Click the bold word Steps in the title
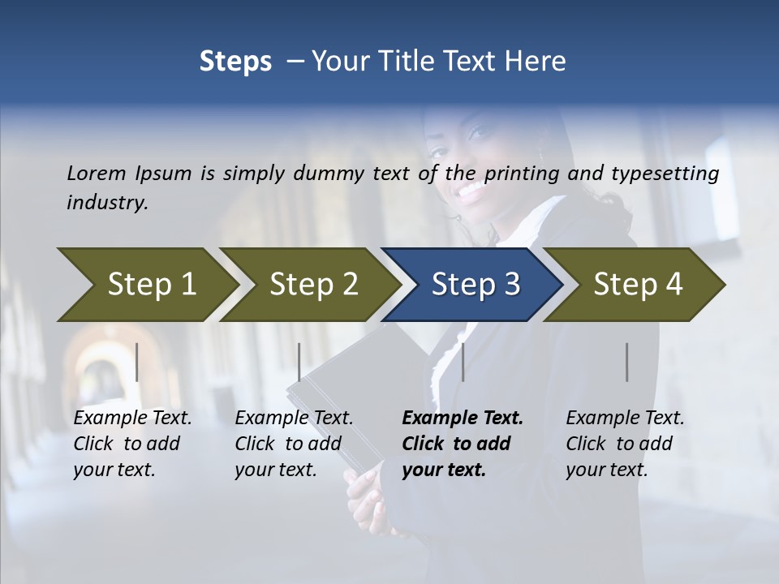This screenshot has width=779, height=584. click(x=235, y=62)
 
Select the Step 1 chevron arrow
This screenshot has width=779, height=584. click(x=146, y=285)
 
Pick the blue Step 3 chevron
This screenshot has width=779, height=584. click(x=474, y=285)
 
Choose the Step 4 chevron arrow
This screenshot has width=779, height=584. click(x=636, y=285)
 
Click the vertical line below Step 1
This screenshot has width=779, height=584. click(x=137, y=362)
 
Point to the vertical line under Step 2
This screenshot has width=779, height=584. click(x=299, y=362)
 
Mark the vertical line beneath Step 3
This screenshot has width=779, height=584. click(x=463, y=362)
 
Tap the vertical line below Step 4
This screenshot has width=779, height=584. click(x=627, y=362)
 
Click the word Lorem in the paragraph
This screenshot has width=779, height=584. click(x=97, y=173)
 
